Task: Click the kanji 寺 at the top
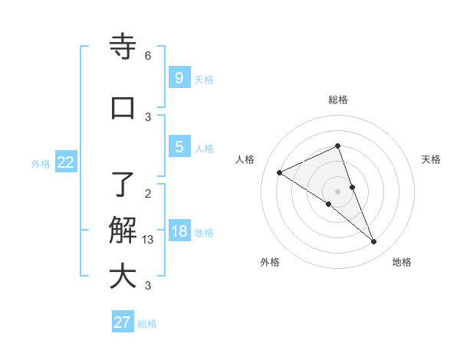pos(123,47)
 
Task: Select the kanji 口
pos(123,108)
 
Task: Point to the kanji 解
pos(123,230)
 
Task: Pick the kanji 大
pos(123,277)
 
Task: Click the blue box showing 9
pos(179,77)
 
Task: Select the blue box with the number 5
pos(179,147)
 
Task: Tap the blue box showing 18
pos(179,231)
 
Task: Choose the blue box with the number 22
pos(66,162)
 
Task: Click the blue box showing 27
pos(123,322)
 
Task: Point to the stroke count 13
pos(148,240)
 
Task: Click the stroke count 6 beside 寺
pos(148,56)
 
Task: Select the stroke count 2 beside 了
pos(148,193)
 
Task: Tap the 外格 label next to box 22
pos(41,163)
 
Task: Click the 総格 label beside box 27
pos(147,324)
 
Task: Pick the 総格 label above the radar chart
pos(338,100)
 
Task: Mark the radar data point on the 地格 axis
pos(374,242)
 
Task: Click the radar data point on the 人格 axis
pos(280,172)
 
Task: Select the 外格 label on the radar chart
pos(270,263)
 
